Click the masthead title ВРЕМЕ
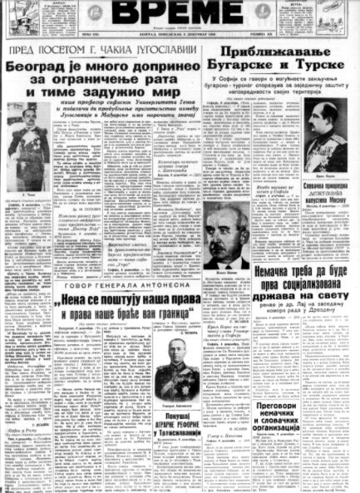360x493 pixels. [x=179, y=17]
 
